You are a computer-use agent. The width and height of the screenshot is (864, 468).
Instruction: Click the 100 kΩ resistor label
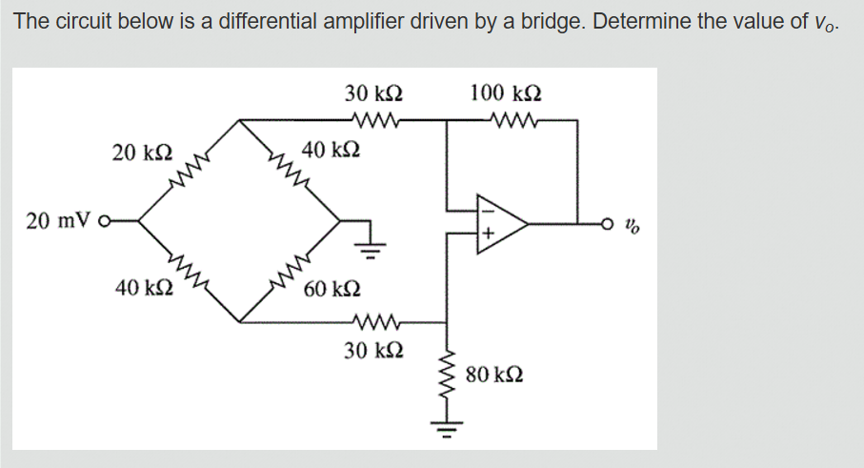point(506,93)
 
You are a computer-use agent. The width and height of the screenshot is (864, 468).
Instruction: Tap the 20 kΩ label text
point(142,152)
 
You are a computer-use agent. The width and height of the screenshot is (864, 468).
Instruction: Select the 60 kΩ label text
point(332,289)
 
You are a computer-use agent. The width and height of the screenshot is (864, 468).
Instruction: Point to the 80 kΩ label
point(493,374)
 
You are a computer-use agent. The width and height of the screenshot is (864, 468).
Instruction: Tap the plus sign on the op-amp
point(486,233)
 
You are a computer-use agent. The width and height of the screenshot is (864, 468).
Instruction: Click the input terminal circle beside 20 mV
point(113,221)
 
